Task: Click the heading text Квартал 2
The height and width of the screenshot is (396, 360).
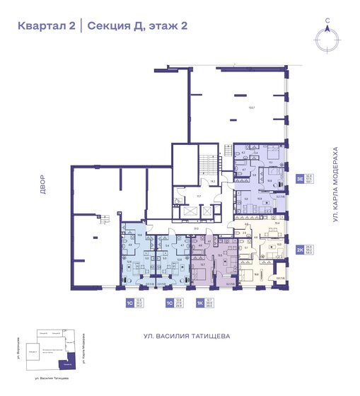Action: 47,26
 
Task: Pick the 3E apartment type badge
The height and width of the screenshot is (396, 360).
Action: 299,179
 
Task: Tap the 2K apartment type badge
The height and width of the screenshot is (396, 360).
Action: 299,250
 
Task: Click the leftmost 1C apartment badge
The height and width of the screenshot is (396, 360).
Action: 129,303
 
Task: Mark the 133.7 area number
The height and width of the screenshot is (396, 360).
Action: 250,107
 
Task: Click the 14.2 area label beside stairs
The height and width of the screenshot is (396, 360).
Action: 212,182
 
